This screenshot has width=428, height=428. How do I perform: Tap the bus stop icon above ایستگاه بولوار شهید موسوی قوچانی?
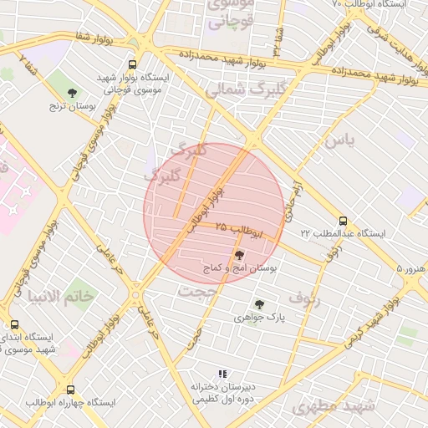tap(132, 64)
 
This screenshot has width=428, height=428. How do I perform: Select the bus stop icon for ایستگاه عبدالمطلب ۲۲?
tap(343, 221)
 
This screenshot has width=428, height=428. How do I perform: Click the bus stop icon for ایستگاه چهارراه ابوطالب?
tap(69, 390)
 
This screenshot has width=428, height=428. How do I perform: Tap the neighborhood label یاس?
tap(341, 140)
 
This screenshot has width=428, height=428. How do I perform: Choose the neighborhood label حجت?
tap(196, 290)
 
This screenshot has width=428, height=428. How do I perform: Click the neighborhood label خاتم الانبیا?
tap(60, 297)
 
